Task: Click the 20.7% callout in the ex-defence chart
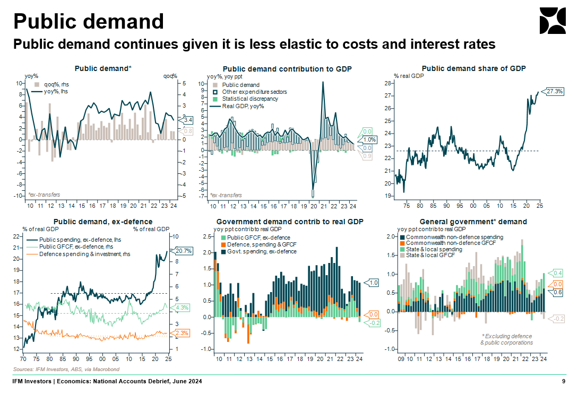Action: tap(178, 250)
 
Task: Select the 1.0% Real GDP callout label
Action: tap(369, 140)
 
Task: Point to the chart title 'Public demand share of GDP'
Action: tap(473, 69)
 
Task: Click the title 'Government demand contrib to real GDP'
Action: tap(290, 222)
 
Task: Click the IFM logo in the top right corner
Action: tap(552, 21)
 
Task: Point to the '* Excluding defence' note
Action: tap(506, 336)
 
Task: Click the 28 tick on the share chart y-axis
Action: tap(388, 83)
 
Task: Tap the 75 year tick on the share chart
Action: tap(406, 205)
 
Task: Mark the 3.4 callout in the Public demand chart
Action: tap(187, 120)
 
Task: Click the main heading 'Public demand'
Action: tap(88, 21)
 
